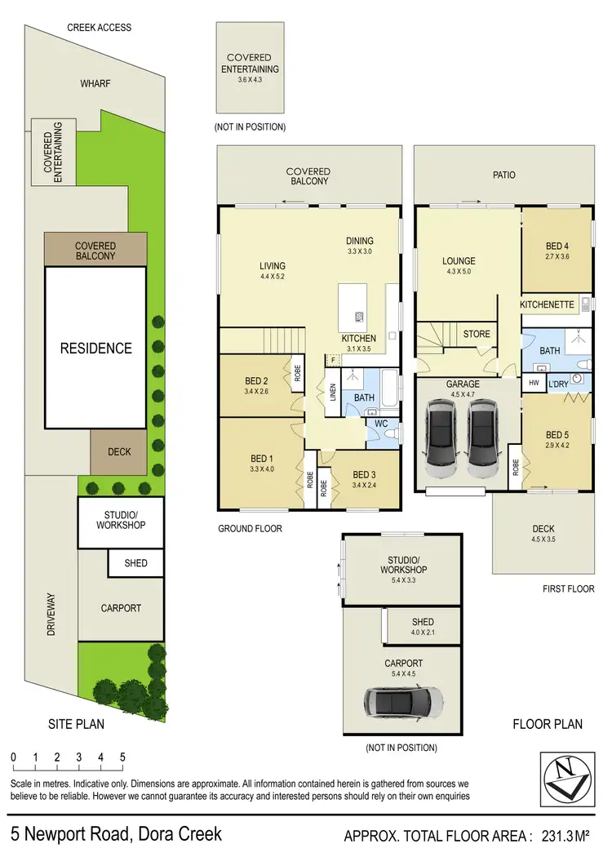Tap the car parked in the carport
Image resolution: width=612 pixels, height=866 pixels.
pos(404,699)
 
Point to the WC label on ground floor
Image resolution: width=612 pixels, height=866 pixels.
pos(382,424)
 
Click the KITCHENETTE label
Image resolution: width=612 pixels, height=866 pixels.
pos(547,304)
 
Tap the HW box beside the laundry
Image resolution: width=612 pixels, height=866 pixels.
pos(534,383)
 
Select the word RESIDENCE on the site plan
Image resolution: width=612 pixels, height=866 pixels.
pos(95,349)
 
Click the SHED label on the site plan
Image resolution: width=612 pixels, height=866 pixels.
pos(135,563)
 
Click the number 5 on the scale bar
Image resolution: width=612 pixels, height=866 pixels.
pos(122,757)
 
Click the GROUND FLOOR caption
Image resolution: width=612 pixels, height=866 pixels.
pos(250,529)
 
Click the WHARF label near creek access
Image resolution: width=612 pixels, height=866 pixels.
pos(95,83)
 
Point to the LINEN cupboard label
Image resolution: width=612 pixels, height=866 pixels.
pos(332,393)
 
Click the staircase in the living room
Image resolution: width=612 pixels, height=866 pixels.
pos(275,340)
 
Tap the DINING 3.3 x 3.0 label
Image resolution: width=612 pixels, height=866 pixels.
pos(359,246)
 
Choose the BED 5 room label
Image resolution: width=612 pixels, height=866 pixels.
pos(557,440)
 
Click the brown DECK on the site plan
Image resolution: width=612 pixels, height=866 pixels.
pos(119,452)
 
